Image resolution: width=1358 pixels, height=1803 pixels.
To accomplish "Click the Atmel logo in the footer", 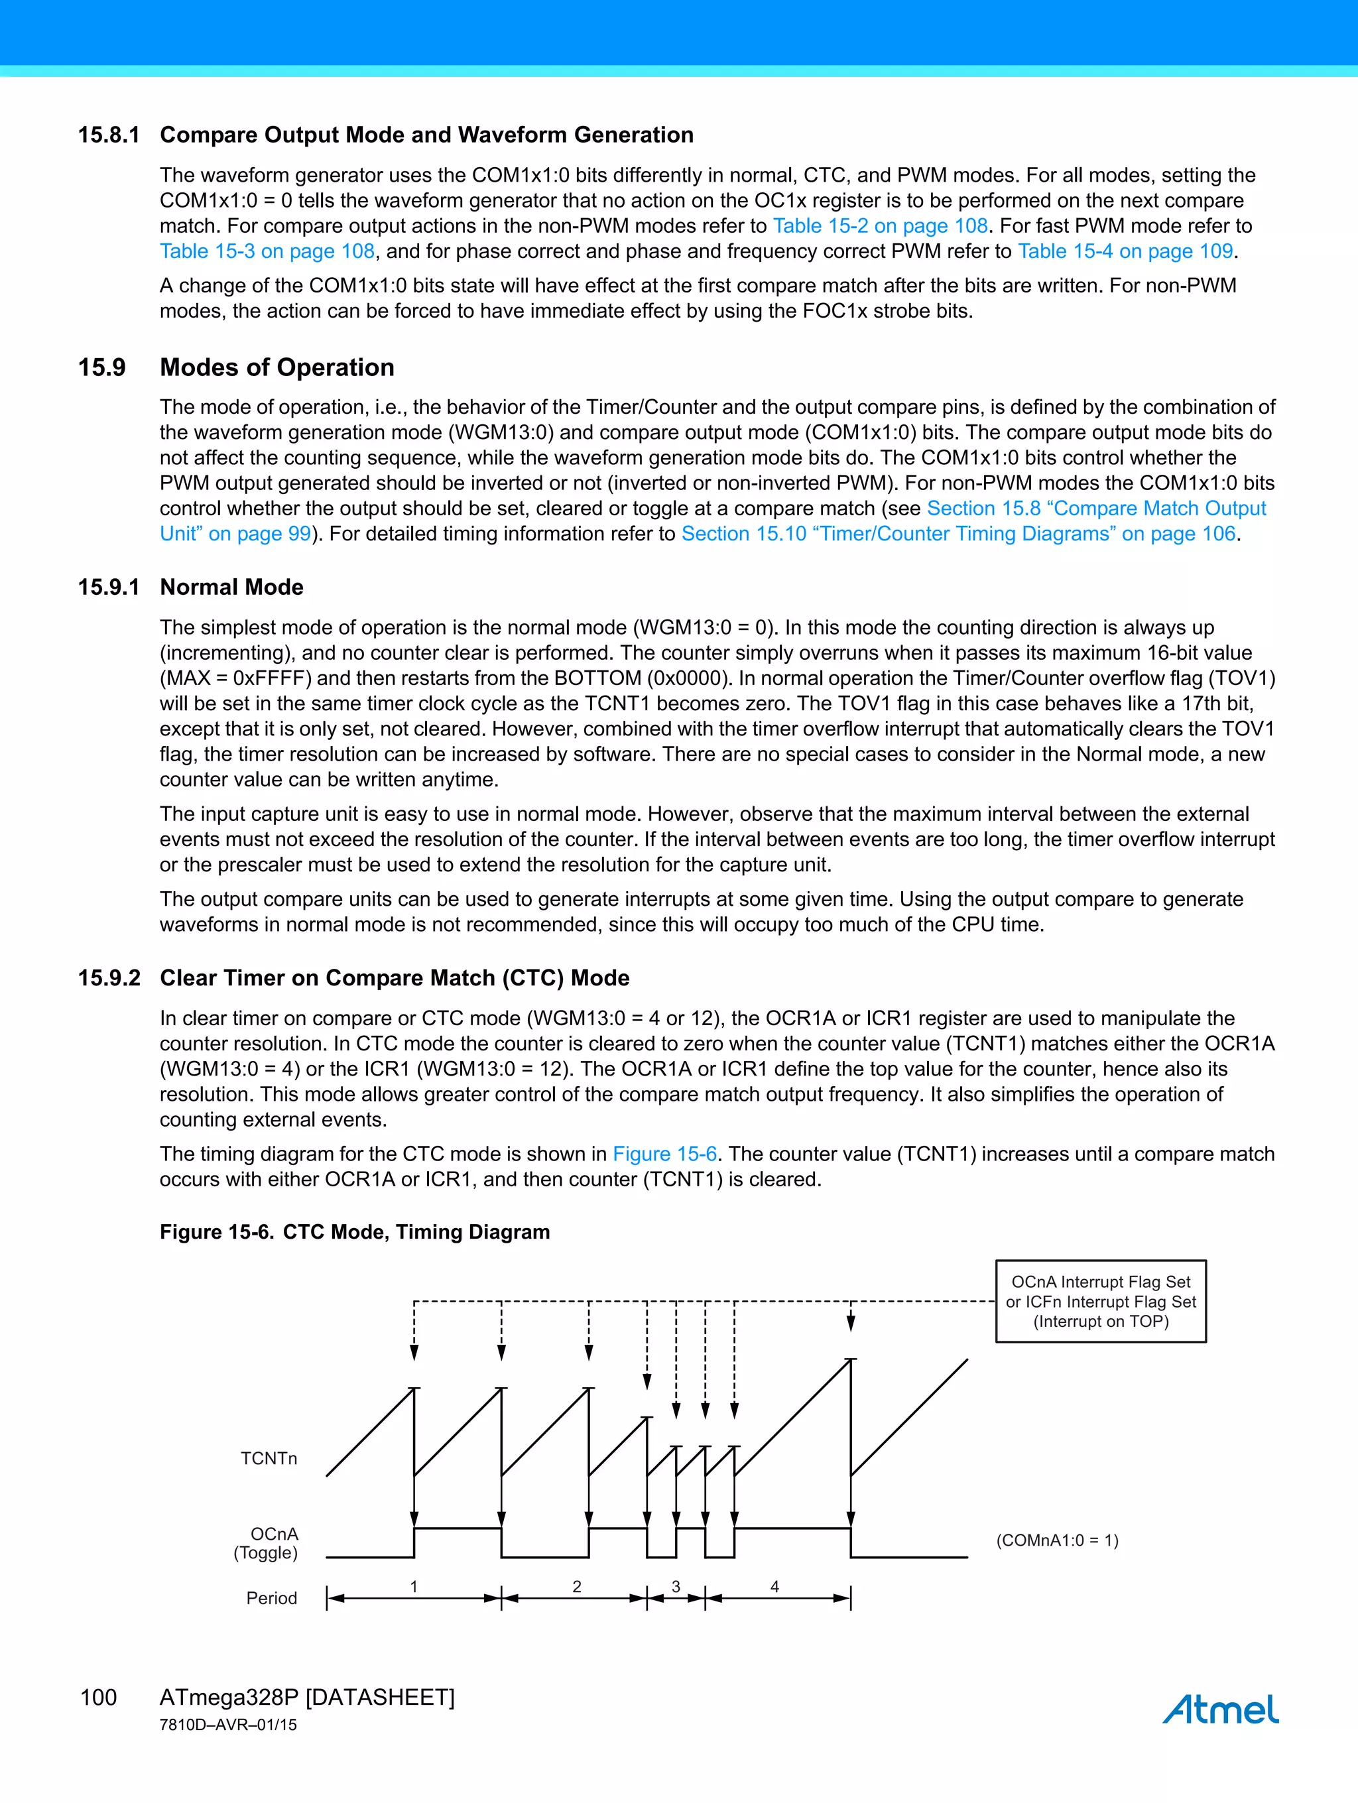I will pyautogui.click(x=1219, y=1708).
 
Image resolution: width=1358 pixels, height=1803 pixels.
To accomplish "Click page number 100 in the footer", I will pyautogui.click(x=99, y=1697).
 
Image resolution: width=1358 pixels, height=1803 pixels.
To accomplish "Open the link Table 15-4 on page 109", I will pyautogui.click(x=1125, y=251).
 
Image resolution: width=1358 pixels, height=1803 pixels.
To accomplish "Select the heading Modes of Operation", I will pyautogui.click(x=277, y=367).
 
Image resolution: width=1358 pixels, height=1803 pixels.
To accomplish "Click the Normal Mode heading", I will pyautogui.click(x=231, y=587).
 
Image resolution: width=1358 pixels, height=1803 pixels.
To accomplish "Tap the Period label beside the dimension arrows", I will pyautogui.click(x=271, y=1597).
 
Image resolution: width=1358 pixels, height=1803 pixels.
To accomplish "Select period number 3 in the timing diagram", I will pyautogui.click(x=675, y=1586).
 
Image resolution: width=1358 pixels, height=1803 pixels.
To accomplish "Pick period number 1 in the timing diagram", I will pyautogui.click(x=413, y=1586).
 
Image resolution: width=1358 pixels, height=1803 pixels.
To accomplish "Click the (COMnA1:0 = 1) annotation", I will pyautogui.click(x=1057, y=1540).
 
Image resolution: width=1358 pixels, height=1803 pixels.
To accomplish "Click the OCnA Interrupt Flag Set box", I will pyautogui.click(x=1101, y=1301).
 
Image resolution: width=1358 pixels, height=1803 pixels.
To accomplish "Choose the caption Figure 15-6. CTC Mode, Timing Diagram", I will pyautogui.click(x=355, y=1231).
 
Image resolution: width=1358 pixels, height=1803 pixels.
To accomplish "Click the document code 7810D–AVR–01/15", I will pyautogui.click(x=228, y=1725).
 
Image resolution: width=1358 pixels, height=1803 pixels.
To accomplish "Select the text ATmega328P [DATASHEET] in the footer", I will pyautogui.click(x=306, y=1697).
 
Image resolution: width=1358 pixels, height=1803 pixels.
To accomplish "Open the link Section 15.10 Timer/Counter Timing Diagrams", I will pyautogui.click(x=959, y=533).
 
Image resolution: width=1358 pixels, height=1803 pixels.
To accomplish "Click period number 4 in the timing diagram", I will pyautogui.click(x=774, y=1586).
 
